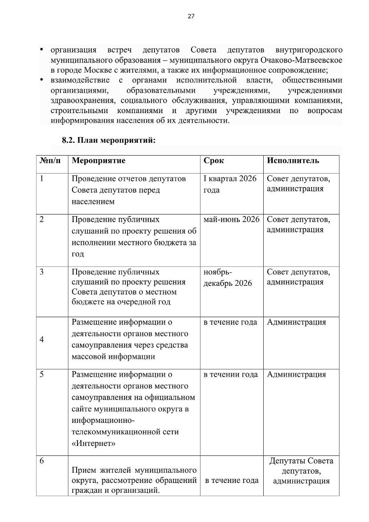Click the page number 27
tap(191, 17)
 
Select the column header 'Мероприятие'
tap(98, 161)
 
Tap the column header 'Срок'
tap(214, 161)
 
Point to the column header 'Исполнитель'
tap(293, 161)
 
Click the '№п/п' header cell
tap(48, 161)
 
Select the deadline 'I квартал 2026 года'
tap(230, 184)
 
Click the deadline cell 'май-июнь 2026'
tap(231, 219)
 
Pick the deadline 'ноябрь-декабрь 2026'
tap(228, 278)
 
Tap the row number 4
tap(41, 340)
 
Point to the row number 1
tap(41, 179)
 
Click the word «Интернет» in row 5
tap(94, 444)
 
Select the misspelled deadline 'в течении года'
tap(231, 374)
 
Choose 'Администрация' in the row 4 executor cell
tap(296, 322)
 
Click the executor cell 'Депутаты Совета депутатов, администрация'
tap(301, 471)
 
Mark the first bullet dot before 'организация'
tap(42, 49)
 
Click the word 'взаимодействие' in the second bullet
tap(80, 80)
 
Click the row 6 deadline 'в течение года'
tap(231, 480)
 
